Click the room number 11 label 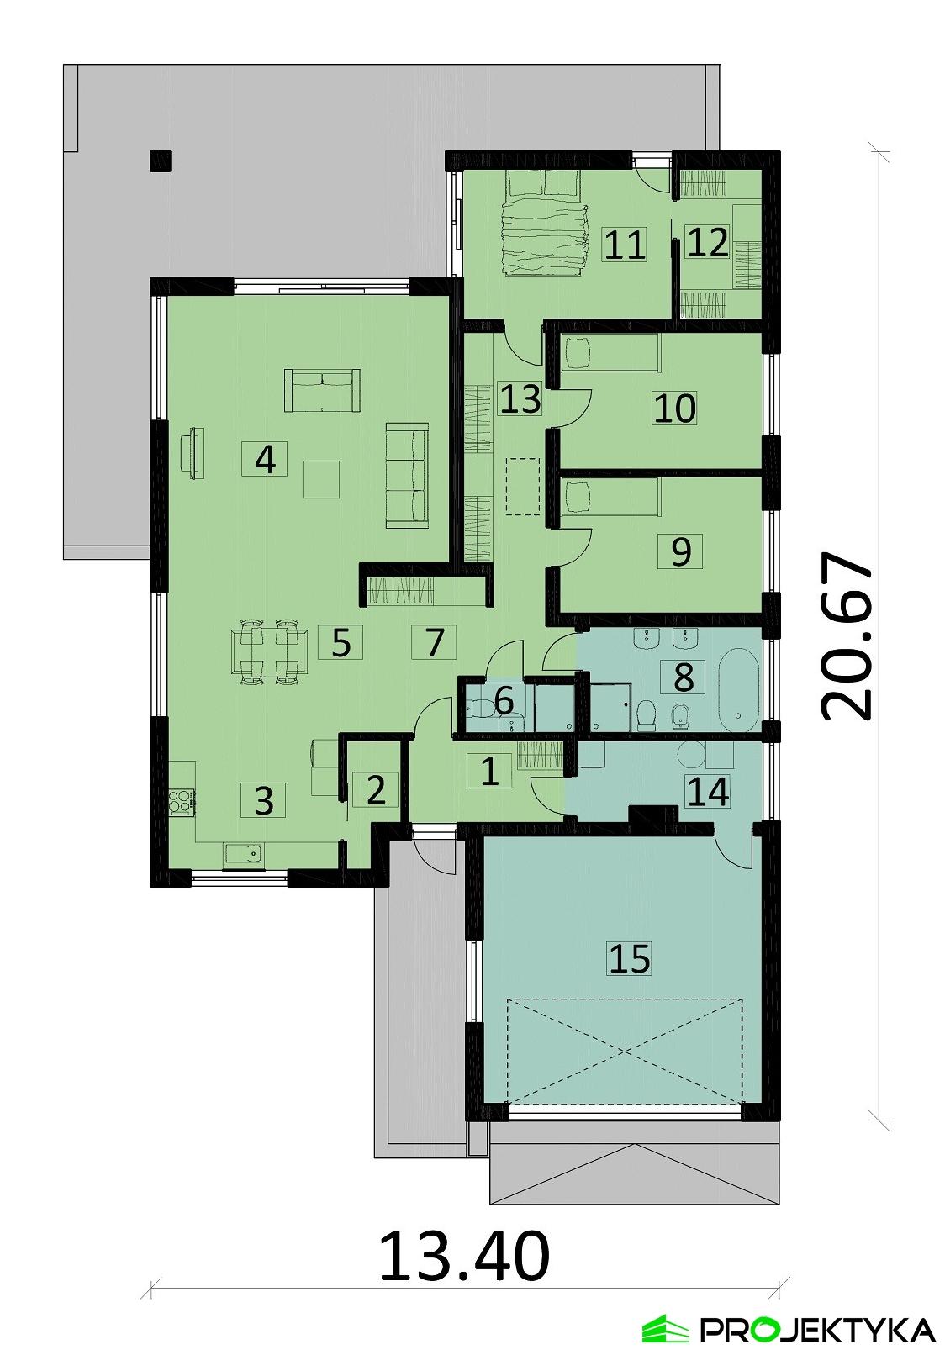click(625, 245)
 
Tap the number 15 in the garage click(631, 957)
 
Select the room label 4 click(265, 459)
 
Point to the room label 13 click(520, 398)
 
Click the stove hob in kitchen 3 click(180, 800)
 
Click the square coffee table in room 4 click(321, 479)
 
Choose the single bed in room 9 click(610, 496)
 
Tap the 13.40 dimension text click(465, 1256)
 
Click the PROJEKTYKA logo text click(816, 1331)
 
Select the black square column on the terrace click(160, 160)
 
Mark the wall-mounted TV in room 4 click(194, 452)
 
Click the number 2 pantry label click(375, 790)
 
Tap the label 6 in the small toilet click(504, 700)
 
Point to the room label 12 click(707, 243)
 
